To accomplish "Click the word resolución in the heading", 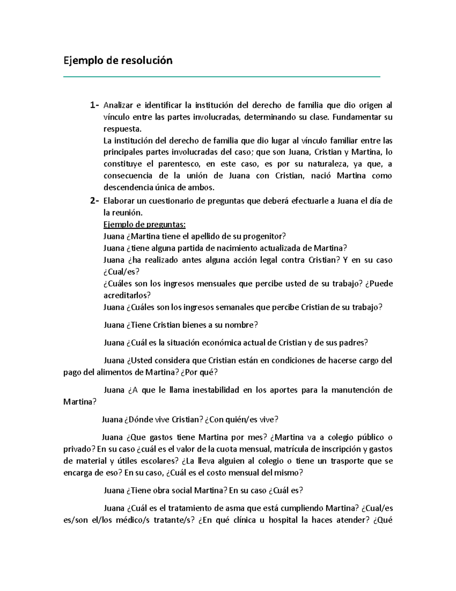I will pos(147,61).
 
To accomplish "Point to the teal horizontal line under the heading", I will pos(222,77).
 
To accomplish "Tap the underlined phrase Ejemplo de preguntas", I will pos(144,225).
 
